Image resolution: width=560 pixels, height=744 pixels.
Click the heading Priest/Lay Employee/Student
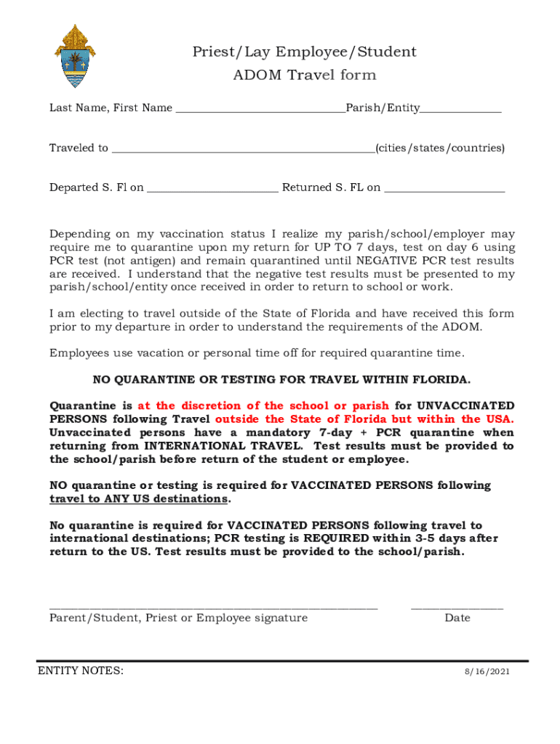(x=304, y=52)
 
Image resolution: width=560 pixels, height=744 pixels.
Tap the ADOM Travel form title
(x=304, y=75)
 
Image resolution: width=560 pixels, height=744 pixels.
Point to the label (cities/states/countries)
(x=439, y=148)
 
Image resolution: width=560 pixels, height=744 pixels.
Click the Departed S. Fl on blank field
(x=212, y=190)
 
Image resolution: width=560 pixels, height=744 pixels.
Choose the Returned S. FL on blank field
(x=444, y=190)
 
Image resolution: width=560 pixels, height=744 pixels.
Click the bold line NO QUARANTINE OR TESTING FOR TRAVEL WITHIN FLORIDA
(x=281, y=380)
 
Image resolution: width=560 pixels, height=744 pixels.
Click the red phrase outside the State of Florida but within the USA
(x=364, y=419)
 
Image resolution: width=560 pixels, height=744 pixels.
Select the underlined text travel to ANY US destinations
(x=138, y=499)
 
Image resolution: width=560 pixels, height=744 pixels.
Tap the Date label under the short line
(x=457, y=618)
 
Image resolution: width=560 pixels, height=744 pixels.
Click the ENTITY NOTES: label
(x=80, y=671)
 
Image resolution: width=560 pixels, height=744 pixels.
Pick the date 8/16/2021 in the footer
(x=487, y=672)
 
